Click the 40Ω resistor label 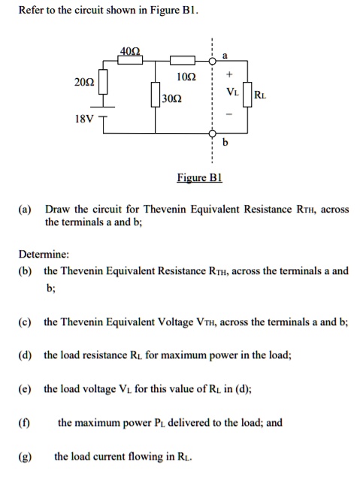129,51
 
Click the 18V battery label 83,119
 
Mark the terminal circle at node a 212,61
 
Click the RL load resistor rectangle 249,94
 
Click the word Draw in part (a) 57,210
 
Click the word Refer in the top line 31,10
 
